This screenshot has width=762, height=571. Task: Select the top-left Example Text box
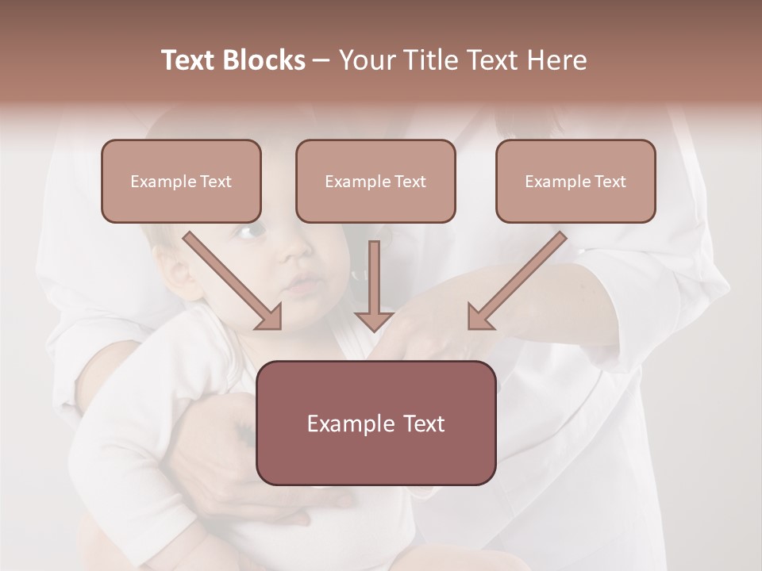181,181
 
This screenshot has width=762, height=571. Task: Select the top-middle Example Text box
375,181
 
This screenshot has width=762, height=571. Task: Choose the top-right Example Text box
575,181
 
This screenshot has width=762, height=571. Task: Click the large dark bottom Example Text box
375,423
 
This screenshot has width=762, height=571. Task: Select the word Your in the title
366,60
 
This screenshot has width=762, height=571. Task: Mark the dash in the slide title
321,61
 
